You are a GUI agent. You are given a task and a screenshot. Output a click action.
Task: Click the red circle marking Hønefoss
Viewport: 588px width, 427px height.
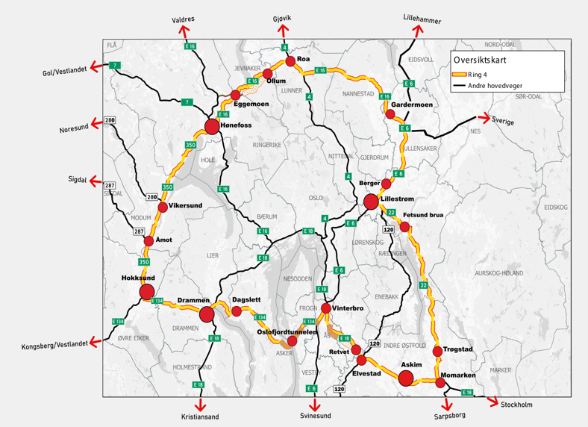[212, 126]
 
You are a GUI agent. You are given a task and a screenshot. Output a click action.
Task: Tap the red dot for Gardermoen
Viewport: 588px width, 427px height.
[390, 114]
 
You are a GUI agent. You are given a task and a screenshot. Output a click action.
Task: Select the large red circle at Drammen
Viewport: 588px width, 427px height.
[207, 314]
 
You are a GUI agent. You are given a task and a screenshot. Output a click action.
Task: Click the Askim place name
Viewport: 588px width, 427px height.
[411, 365]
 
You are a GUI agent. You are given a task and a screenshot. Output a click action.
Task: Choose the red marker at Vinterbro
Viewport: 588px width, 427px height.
[326, 308]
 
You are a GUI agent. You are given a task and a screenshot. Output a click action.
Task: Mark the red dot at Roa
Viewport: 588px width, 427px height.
[290, 60]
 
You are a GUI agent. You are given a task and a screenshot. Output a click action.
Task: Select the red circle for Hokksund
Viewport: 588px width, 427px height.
[146, 291]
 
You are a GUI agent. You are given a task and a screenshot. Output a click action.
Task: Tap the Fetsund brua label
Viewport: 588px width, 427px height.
[422, 215]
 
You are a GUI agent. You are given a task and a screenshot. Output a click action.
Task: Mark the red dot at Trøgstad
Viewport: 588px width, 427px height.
[438, 351]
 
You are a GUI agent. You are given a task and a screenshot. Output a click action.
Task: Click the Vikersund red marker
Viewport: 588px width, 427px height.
[162, 206]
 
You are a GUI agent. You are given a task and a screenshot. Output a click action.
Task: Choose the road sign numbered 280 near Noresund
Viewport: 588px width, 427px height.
[110, 120]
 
